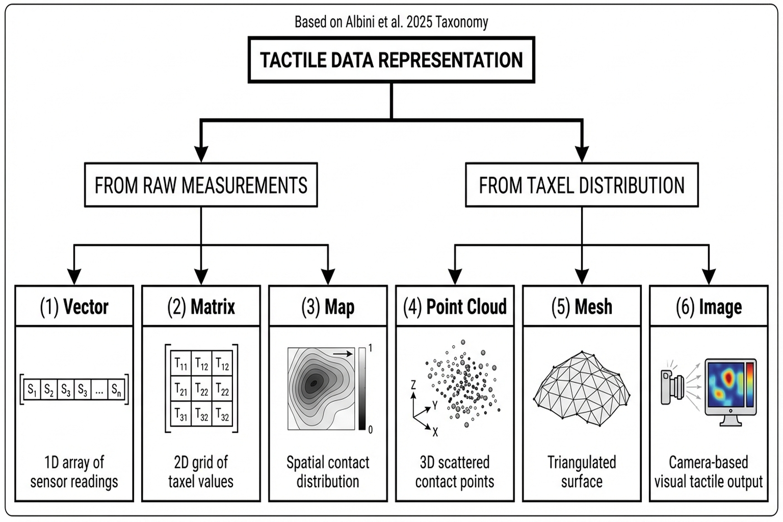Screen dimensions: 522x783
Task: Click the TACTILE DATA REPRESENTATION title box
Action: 391,60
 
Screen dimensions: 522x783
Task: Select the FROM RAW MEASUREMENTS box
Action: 201,185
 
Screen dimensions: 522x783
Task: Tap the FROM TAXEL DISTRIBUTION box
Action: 582,185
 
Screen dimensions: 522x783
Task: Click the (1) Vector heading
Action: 74,307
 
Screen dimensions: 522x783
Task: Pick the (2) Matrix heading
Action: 201,307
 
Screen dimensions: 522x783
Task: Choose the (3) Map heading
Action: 328,307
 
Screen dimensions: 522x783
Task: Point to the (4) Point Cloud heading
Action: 455,307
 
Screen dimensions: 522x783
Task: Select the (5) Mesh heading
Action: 582,307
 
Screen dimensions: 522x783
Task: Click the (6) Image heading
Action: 709,307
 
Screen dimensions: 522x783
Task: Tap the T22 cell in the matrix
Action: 201,390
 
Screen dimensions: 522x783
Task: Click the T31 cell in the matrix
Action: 181,414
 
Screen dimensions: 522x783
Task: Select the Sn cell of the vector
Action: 116,390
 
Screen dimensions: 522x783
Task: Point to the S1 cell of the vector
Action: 32,390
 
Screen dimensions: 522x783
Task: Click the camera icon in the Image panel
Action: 672,386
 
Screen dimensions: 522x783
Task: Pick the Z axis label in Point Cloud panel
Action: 413,385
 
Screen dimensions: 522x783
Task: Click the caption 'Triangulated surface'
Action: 582,472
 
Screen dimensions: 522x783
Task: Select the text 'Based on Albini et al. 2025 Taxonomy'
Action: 391,22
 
